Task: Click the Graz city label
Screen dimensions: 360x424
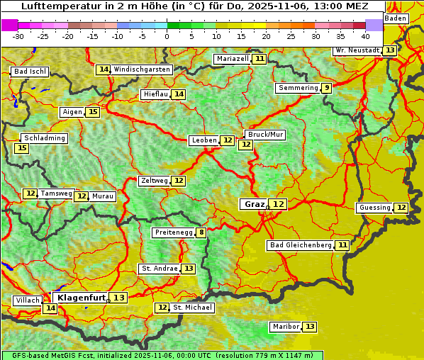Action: click(254, 204)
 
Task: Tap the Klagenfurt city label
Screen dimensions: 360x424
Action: click(82, 298)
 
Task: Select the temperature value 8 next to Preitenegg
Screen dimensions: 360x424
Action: click(202, 232)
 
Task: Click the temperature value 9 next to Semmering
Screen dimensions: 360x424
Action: click(326, 88)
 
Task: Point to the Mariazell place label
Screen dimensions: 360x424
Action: click(232, 58)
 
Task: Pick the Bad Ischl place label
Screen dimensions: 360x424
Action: click(30, 72)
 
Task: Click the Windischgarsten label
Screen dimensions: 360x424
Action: click(142, 69)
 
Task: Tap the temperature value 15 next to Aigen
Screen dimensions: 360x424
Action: click(93, 112)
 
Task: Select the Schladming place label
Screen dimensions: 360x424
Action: click(44, 138)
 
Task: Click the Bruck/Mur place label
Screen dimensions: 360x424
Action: click(265, 135)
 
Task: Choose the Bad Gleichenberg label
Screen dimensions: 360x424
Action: click(301, 245)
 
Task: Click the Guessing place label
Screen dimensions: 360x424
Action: click(374, 208)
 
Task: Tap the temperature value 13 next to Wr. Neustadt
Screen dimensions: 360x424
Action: click(390, 50)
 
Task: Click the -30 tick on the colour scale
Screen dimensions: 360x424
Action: click(18, 36)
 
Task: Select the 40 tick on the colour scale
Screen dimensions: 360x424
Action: click(366, 36)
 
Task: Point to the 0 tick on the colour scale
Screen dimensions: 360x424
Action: click(167, 36)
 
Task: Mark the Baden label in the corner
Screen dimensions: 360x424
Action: click(396, 18)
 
